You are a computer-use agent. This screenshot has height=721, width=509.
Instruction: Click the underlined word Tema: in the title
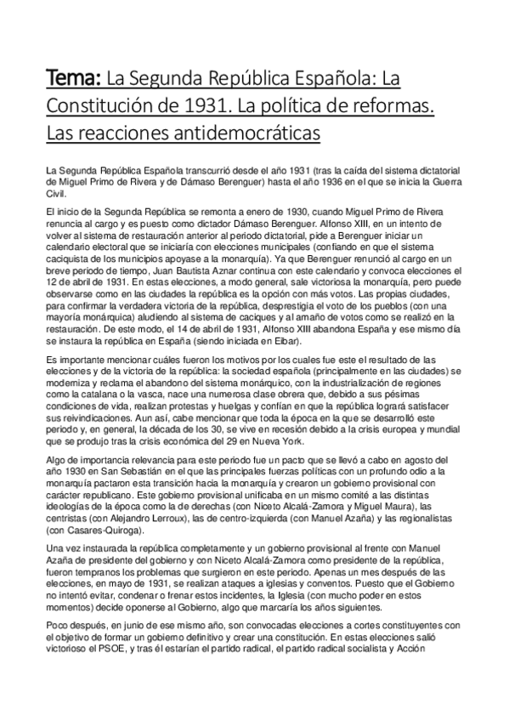[x=73, y=80]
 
